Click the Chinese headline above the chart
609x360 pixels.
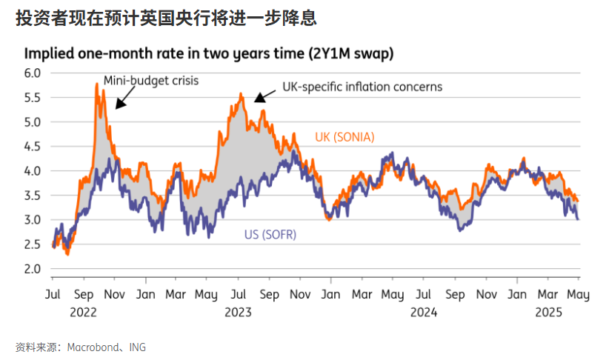[167, 19]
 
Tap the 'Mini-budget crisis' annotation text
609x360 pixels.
[151, 79]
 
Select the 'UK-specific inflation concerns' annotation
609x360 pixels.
[362, 87]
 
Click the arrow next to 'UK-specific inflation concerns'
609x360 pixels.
[261, 96]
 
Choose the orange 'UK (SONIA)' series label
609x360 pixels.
[345, 137]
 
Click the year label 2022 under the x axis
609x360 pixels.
[84, 312]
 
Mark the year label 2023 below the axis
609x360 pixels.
[238, 312]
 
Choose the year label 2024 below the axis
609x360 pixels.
[424, 312]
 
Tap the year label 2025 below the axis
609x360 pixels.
[549, 312]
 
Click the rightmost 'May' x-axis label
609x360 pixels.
[579, 295]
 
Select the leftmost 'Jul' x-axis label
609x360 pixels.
[53, 295]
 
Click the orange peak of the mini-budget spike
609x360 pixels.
[97, 84]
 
